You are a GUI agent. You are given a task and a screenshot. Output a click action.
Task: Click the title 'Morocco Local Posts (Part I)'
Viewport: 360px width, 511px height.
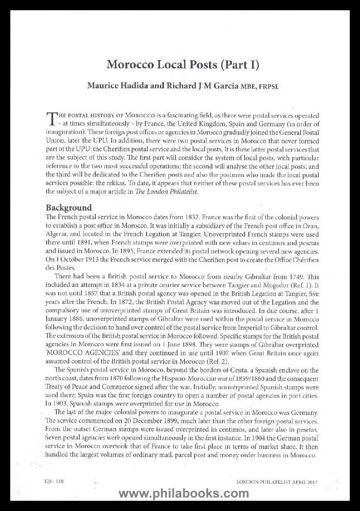click(x=183, y=65)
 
